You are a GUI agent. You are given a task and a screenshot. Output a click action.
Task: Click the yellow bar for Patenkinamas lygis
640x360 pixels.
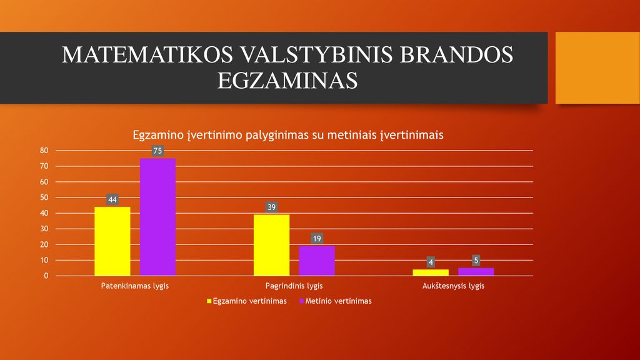112,241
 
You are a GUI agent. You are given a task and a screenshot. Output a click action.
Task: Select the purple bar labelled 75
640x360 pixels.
157,217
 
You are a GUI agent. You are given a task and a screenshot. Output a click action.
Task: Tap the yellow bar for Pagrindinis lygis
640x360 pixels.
271,245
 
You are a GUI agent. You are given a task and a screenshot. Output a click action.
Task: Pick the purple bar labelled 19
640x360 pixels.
317,261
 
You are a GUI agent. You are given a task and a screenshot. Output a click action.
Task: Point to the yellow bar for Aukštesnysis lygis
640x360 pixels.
431,272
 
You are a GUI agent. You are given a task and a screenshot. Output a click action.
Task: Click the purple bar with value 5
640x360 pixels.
476,272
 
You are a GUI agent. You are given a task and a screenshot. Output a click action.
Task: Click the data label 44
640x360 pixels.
112,199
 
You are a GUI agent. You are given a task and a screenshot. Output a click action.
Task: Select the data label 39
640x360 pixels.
271,207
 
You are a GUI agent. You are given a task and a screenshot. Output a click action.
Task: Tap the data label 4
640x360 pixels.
431,262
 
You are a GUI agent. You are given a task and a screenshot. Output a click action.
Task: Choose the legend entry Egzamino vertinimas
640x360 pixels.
247,301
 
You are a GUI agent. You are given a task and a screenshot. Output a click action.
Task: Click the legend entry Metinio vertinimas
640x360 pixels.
336,301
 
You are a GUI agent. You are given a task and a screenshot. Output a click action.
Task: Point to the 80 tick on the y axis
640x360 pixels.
44,151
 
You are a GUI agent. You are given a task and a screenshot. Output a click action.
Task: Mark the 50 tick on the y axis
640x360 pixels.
44,197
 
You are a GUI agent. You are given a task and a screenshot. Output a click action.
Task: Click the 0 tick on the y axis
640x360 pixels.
46,276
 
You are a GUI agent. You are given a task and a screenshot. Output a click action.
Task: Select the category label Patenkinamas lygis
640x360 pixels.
135,286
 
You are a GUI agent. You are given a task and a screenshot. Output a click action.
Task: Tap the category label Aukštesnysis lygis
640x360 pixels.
453,286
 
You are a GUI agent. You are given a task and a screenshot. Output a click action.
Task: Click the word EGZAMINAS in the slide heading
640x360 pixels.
287,81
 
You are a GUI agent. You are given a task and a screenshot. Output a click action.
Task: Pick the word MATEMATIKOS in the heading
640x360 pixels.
147,55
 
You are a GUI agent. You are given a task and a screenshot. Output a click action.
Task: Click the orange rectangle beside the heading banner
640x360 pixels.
597,67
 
